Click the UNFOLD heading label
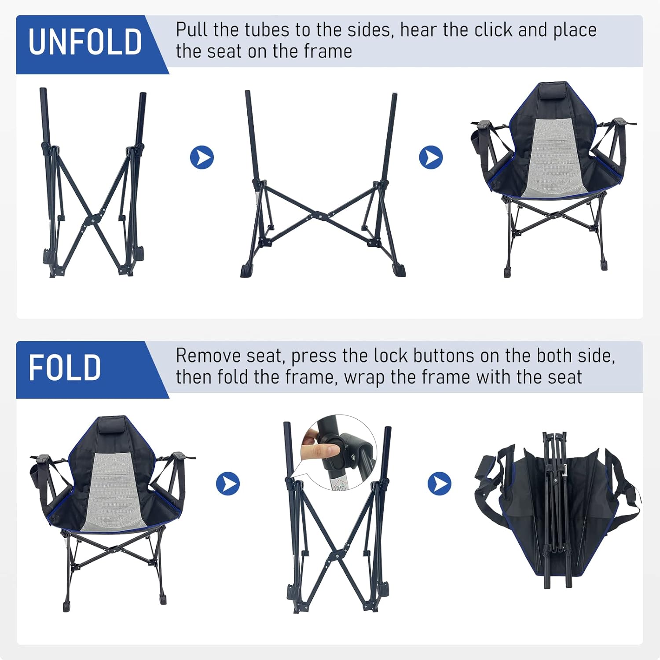click(x=85, y=42)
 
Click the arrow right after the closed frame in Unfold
click(x=202, y=158)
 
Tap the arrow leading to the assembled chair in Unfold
click(x=431, y=158)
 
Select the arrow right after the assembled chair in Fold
click(x=228, y=484)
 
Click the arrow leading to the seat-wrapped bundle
click(x=440, y=484)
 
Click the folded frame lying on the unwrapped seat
click(x=555, y=508)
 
